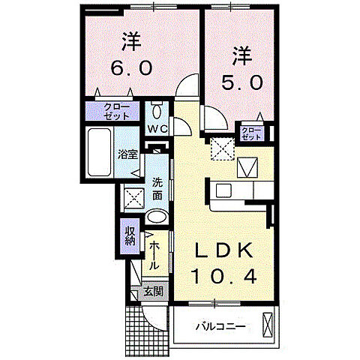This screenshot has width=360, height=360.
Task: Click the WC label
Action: click(x=157, y=129)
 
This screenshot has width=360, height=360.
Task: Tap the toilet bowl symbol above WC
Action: click(x=157, y=112)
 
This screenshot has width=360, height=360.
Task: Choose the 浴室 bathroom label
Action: click(x=127, y=155)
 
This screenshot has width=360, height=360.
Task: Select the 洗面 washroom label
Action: click(x=157, y=188)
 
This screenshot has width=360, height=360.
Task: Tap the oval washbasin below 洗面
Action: click(x=157, y=217)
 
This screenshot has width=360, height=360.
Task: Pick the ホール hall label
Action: click(x=153, y=254)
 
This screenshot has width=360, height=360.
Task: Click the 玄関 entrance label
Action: click(x=154, y=291)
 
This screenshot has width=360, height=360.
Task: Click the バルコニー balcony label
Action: click(x=220, y=326)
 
